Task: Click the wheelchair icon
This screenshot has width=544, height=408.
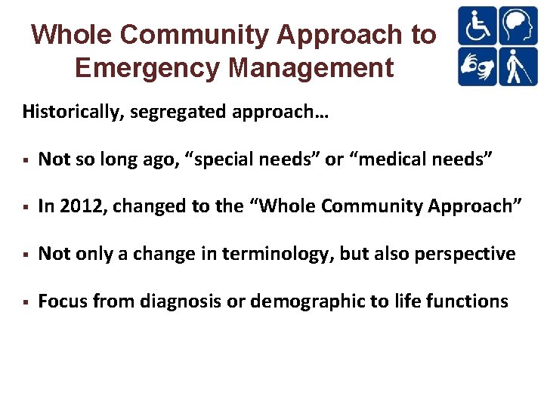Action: coord(478,26)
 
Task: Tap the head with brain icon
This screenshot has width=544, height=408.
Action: coord(518,26)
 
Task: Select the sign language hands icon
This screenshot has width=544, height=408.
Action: coord(478,66)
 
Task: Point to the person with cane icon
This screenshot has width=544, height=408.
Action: coord(518,66)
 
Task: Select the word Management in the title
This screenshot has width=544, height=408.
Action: coord(311,68)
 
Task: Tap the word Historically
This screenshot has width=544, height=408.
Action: coord(73,113)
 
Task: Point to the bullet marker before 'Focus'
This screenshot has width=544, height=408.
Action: coord(26,301)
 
